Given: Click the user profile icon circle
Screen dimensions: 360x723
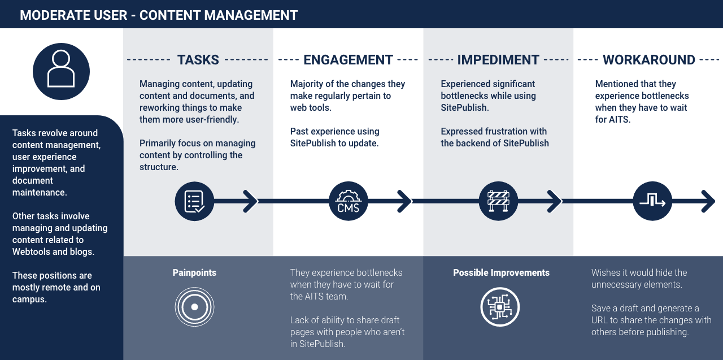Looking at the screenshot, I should [x=61, y=71].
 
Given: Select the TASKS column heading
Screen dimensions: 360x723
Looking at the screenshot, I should [x=198, y=60].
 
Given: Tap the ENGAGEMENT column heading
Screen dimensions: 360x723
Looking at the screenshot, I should [x=348, y=60].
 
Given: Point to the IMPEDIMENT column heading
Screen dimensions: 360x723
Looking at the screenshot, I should [x=498, y=60].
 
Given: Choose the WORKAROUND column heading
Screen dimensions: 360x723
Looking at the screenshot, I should [x=648, y=60].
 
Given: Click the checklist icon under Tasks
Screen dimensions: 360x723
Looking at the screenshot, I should [x=194, y=201].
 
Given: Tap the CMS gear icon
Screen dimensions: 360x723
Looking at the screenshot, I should [x=348, y=201].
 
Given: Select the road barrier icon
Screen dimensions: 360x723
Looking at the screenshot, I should [x=498, y=201].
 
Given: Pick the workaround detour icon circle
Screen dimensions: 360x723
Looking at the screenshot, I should [x=652, y=201].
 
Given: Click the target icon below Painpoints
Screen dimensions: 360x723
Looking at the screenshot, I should [x=194, y=307].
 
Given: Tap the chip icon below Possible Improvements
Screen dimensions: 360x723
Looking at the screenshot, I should [x=500, y=307].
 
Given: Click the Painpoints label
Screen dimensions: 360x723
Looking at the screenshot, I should [x=194, y=272].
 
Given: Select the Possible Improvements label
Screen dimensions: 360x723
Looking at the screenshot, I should [x=501, y=272].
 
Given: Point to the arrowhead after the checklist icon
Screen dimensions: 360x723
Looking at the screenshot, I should [x=250, y=201].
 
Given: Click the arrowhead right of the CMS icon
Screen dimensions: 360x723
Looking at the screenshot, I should [x=405, y=201].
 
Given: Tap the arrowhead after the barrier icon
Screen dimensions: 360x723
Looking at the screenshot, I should [x=555, y=201].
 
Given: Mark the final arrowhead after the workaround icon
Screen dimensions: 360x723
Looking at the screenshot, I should [x=708, y=201].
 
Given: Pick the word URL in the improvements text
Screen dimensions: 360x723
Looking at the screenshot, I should [x=602, y=320].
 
